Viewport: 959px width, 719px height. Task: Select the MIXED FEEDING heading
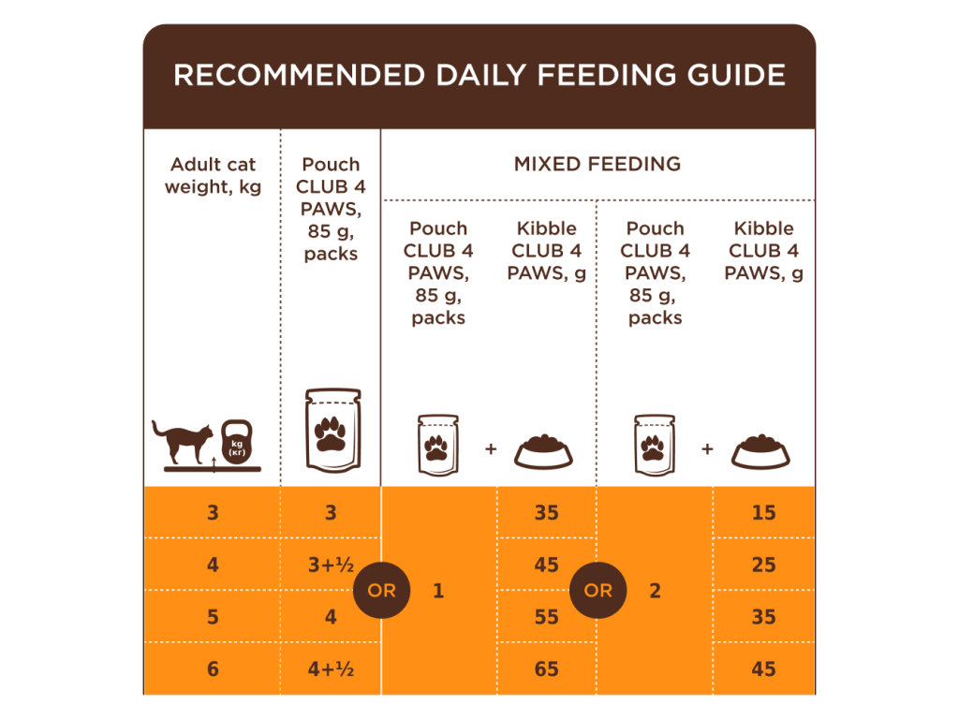tap(598, 164)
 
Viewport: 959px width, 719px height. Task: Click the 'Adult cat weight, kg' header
tap(213, 176)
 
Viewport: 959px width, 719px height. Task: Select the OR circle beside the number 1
tap(382, 591)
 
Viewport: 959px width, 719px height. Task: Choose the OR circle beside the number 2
tap(598, 591)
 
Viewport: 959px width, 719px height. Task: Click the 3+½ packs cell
tap(331, 565)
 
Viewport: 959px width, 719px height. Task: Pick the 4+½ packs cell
tap(331, 669)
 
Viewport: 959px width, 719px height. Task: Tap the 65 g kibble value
tap(546, 669)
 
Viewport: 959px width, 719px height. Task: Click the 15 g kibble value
tap(763, 513)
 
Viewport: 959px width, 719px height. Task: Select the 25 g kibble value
tap(763, 565)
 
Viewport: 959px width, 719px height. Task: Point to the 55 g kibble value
tap(546, 617)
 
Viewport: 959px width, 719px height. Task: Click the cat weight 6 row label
tap(213, 669)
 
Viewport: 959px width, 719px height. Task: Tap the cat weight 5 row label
tap(213, 617)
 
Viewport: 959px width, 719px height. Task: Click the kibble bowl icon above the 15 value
tap(760, 450)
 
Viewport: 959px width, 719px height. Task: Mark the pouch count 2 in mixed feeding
tap(655, 591)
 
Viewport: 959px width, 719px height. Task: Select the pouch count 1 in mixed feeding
tap(437, 591)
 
